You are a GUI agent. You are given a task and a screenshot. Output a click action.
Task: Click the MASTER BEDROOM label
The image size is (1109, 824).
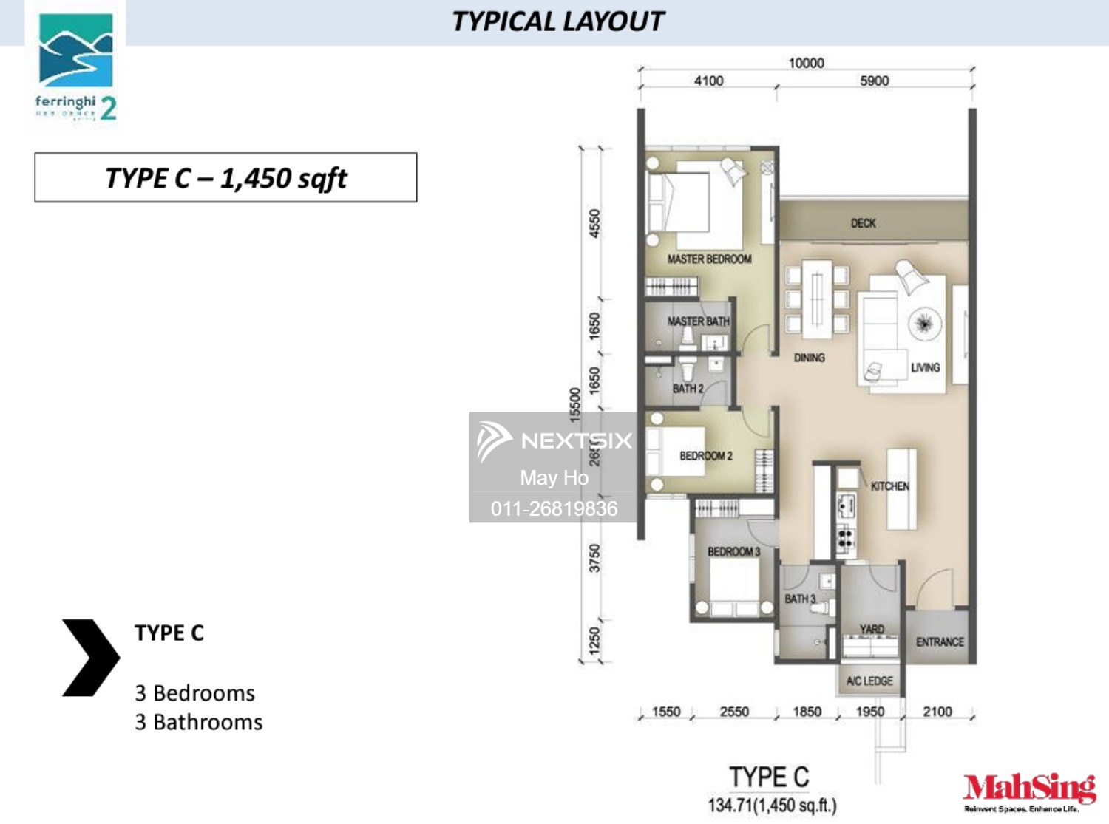pos(709,259)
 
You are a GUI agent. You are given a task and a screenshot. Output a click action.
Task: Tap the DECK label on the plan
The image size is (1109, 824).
pos(863,223)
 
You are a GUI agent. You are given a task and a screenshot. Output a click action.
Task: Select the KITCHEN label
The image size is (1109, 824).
pos(889,486)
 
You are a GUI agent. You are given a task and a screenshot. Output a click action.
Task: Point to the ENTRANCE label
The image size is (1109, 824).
pos(940,642)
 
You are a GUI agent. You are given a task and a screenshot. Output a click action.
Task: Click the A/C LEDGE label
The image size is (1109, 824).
pos(869,681)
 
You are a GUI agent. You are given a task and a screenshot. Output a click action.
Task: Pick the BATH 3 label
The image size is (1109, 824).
pos(800,599)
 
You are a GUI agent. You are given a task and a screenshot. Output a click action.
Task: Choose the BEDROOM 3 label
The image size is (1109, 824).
pos(733,551)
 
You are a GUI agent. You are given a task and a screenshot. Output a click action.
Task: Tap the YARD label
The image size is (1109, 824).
pos(872,629)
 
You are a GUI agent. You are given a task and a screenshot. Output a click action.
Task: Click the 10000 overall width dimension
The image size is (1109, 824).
pos(806,64)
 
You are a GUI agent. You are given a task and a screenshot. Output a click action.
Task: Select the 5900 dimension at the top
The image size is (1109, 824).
pos(874,81)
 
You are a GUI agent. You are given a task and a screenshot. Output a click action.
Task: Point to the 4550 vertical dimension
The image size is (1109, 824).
pos(594,223)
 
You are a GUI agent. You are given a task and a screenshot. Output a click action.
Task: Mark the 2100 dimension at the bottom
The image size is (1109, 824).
pos(937,712)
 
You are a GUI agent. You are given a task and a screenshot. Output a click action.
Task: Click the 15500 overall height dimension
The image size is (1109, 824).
pos(575,404)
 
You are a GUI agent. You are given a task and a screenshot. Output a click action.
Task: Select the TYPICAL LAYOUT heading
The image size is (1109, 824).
pos(558,21)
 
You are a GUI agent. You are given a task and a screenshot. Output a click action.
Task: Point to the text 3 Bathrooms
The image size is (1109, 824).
pos(198,722)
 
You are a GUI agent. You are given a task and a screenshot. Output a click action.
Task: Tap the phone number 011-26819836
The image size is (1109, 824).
pos(554,508)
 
